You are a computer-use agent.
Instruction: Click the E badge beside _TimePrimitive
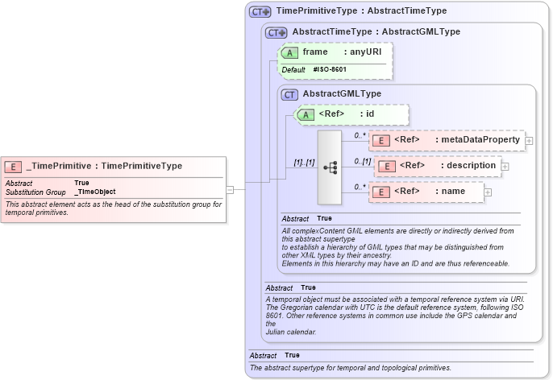[14, 167]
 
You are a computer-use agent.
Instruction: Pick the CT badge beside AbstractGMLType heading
[289, 94]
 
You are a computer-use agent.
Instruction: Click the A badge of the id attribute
[306, 114]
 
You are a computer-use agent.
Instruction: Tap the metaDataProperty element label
[480, 140]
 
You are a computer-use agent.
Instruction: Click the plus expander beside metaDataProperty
[529, 141]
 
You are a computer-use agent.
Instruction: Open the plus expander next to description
[505, 167]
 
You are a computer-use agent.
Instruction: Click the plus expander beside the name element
[488, 192]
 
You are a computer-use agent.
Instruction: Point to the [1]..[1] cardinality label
[303, 163]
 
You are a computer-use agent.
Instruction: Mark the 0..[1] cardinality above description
[363, 162]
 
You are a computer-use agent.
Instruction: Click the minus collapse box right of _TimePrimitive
[230, 190]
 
